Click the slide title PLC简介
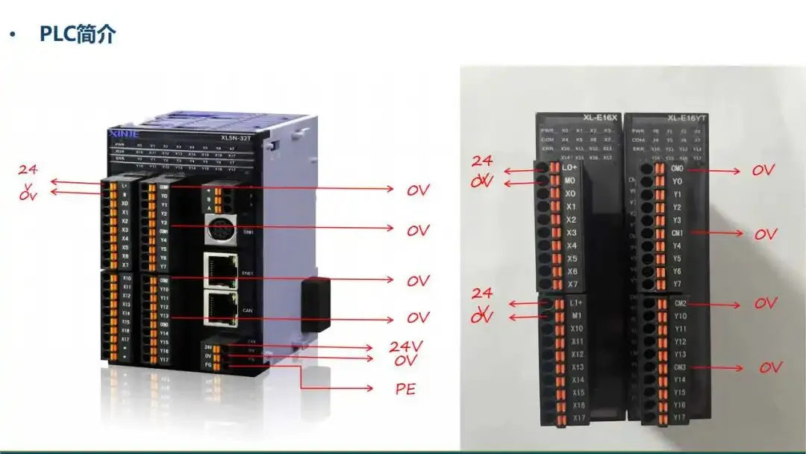78,34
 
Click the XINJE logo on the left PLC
120,133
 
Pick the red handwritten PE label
405,389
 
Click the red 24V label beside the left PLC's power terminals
407,346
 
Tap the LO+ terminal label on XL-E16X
572,168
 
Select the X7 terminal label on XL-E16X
572,284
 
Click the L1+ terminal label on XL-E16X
575,302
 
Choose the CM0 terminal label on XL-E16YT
677,169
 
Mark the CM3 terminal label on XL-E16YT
679,367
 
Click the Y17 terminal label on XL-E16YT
679,417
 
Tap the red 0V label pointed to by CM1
765,234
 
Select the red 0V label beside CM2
765,304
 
